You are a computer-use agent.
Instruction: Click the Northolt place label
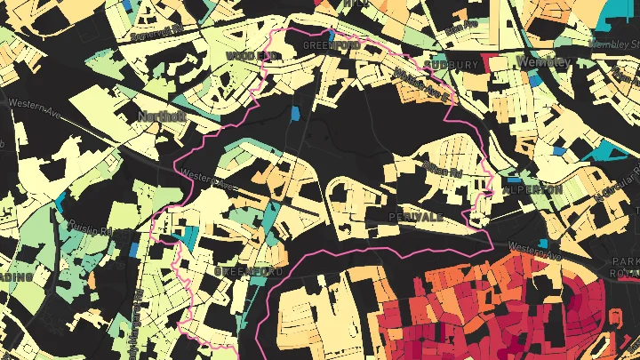tap(160, 116)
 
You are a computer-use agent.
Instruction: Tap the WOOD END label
tap(252, 55)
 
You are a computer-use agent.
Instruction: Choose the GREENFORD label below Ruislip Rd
tap(249, 269)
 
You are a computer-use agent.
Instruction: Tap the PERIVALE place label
tap(415, 216)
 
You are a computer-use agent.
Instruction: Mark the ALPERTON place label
tap(532, 190)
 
